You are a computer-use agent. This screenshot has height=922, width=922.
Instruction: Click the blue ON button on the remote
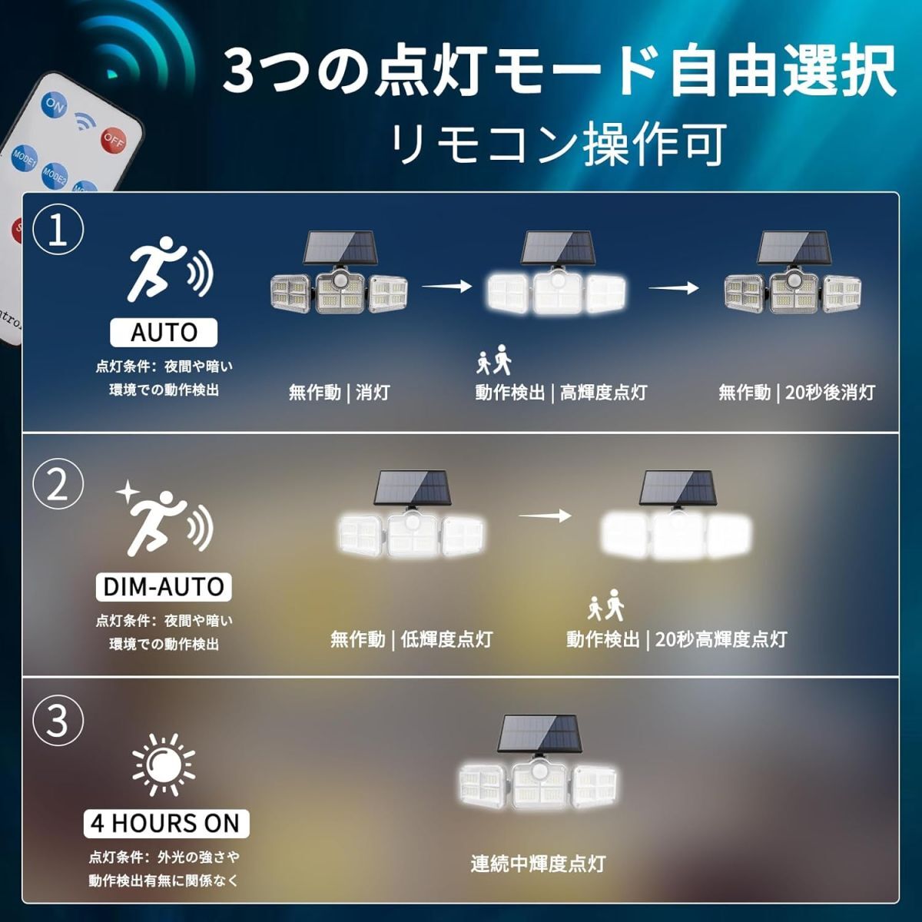54,106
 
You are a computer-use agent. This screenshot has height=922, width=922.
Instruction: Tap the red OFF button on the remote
114,140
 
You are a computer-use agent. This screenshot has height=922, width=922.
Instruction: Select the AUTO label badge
164,332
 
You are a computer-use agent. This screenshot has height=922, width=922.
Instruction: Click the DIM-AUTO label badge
164,586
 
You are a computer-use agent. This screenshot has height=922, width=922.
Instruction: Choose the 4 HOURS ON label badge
166,823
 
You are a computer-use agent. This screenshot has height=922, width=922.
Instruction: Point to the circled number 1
58,230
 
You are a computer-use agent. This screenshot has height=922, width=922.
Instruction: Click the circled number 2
58,485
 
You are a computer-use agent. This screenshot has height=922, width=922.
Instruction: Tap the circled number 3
58,720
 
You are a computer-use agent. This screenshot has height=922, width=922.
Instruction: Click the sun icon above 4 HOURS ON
164,764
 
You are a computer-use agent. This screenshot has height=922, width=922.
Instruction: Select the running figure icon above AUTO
170,270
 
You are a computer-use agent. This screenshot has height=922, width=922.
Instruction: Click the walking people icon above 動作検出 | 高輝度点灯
494,360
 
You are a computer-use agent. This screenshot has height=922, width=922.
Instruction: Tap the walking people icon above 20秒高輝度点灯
606,605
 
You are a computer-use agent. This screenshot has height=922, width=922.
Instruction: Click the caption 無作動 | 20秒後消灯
797,393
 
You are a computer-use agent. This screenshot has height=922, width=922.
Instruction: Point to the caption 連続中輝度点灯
539,864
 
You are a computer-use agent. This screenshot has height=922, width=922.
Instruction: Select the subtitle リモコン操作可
559,144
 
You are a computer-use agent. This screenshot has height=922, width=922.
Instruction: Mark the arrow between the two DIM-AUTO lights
545,516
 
